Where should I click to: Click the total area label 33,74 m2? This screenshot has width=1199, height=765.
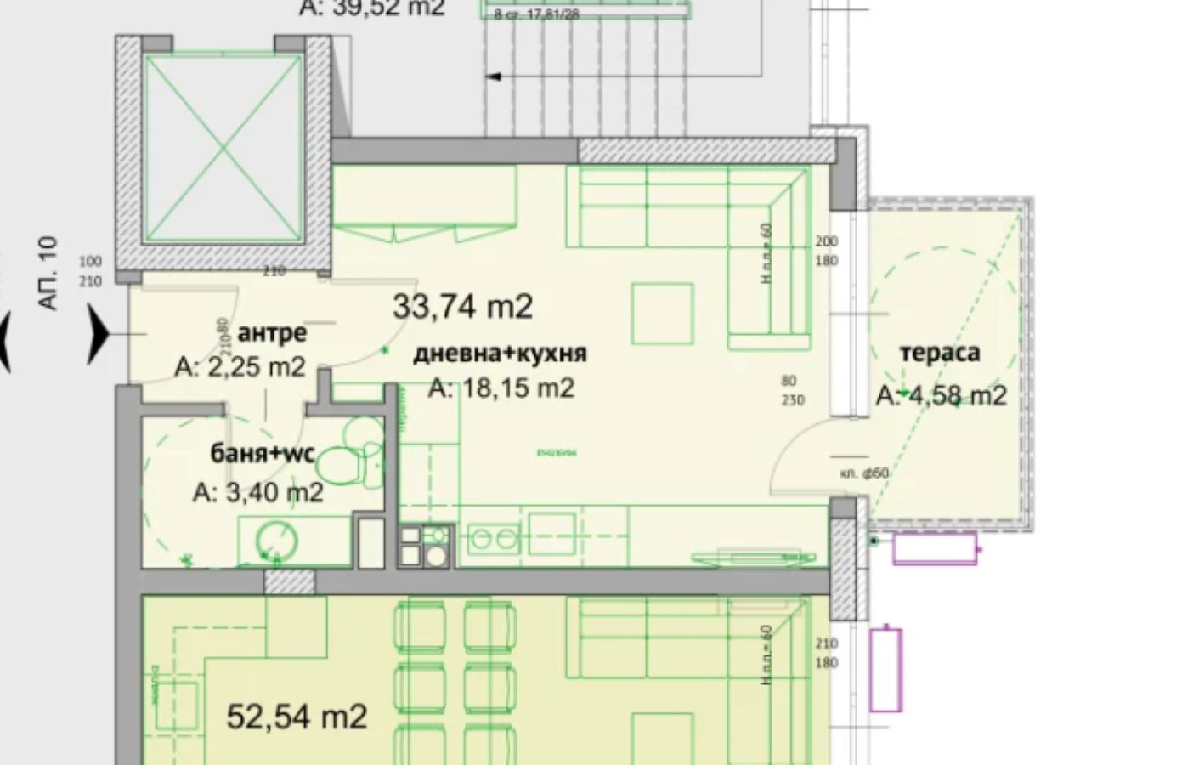tap(462, 306)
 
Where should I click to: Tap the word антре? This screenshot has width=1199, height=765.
tap(272, 332)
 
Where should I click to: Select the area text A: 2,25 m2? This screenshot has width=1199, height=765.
tap(240, 366)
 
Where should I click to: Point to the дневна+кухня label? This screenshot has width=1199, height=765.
tap(500, 353)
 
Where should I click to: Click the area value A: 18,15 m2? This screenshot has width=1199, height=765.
tap(501, 388)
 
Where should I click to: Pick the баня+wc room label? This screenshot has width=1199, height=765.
tap(263, 453)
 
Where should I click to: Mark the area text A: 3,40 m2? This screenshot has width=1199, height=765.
tap(257, 492)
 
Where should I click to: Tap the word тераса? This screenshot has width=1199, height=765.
tap(939, 353)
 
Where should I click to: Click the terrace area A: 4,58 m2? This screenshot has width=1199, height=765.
tap(942, 395)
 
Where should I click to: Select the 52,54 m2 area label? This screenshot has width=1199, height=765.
tap(297, 717)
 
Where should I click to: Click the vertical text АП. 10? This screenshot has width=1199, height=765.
tap(48, 273)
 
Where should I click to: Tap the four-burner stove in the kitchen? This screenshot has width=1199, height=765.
tap(425, 546)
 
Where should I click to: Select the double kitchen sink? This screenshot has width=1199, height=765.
tap(495, 539)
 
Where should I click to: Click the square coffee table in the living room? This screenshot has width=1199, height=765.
tap(662, 314)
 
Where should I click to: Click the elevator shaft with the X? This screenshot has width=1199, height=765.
tap(223, 150)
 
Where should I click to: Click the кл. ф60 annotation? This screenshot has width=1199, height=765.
tap(864, 473)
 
